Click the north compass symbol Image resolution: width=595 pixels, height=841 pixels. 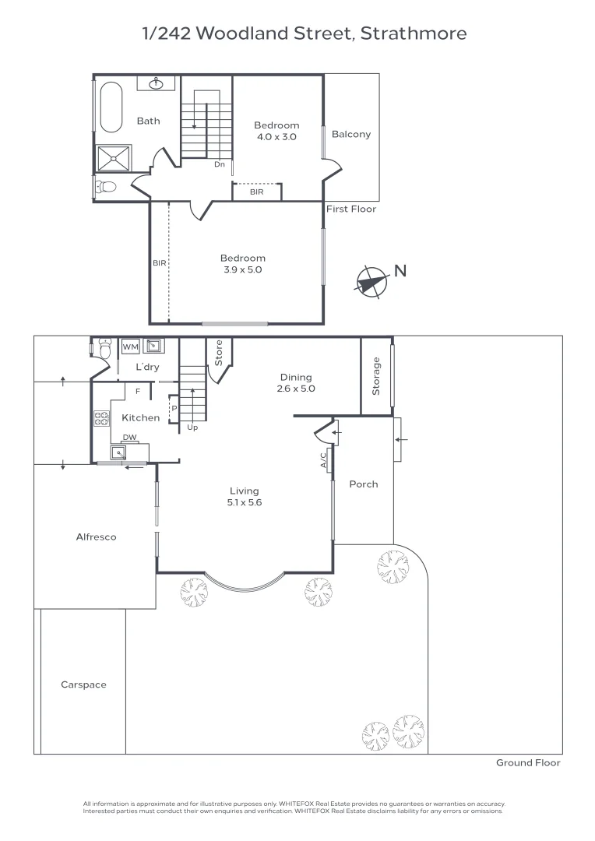[372, 282]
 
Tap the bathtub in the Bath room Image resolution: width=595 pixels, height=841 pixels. [110, 107]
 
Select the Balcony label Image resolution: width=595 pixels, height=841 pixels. [351, 134]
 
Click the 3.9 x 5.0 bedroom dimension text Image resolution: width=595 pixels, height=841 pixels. [242, 270]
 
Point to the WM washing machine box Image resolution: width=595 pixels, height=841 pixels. [130, 346]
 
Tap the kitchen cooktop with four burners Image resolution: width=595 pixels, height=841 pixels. [102, 418]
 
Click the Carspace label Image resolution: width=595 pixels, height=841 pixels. [83, 684]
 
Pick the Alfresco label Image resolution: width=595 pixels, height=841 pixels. [96, 537]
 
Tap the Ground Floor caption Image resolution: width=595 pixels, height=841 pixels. [528, 763]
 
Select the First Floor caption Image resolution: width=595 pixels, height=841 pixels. [350, 209]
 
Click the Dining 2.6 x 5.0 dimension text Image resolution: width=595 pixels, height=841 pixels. [296, 389]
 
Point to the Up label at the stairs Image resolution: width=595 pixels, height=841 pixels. [191, 428]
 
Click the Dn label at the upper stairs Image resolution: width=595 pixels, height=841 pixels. [220, 164]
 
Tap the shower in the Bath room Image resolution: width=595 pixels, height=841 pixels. [113, 158]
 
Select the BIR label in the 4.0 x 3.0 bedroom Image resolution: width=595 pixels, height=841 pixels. [256, 191]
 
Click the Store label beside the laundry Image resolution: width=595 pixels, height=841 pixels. [219, 354]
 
